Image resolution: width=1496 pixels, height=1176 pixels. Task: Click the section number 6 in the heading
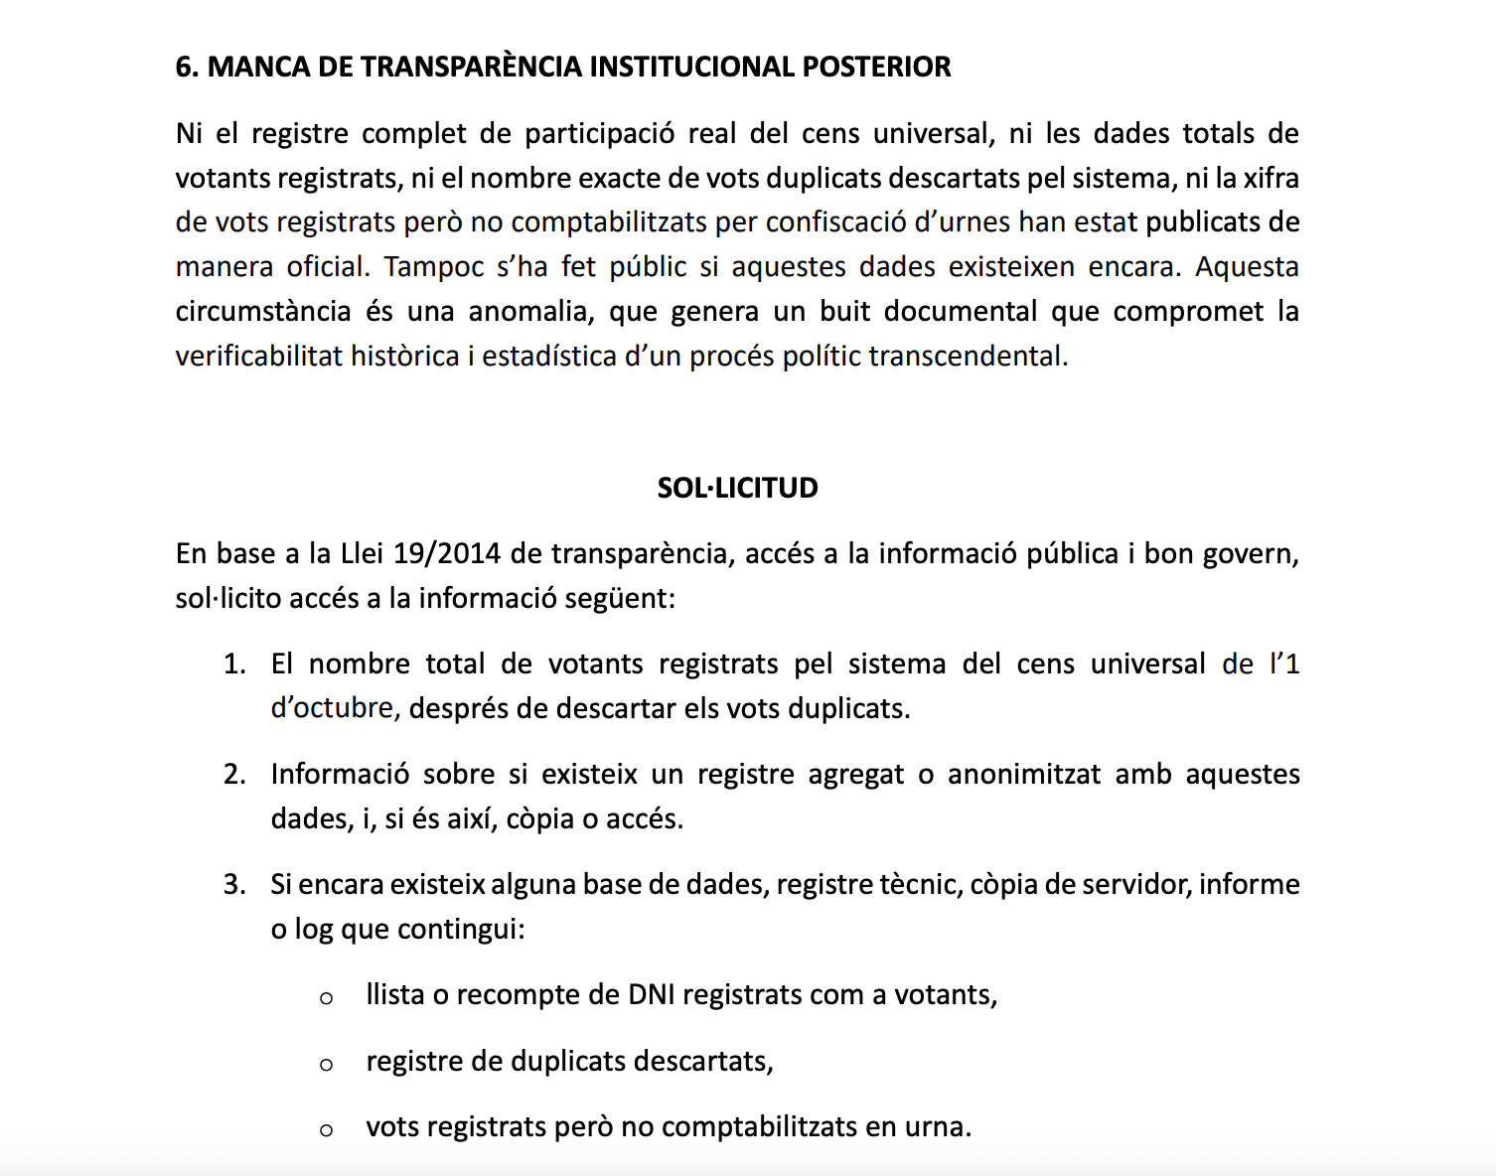click(x=184, y=67)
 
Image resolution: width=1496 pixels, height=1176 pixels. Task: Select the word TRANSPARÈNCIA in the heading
click(x=471, y=67)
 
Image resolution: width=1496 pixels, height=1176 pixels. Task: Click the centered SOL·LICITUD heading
click(x=737, y=488)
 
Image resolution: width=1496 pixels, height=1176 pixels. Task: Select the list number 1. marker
click(x=234, y=663)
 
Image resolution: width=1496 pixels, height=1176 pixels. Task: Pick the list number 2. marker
click(x=234, y=774)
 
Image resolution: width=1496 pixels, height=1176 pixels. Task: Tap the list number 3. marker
click(x=234, y=884)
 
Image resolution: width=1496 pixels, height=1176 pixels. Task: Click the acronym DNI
click(x=652, y=994)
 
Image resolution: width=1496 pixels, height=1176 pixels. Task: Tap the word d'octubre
click(x=334, y=708)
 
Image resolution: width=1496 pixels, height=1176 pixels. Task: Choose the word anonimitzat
click(x=1024, y=774)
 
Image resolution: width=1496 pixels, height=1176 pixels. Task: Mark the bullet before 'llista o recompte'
click(x=326, y=998)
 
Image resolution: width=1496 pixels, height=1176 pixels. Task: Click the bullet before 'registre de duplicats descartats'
click(x=326, y=1065)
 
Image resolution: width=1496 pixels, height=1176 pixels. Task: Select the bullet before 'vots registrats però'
click(x=326, y=1130)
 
